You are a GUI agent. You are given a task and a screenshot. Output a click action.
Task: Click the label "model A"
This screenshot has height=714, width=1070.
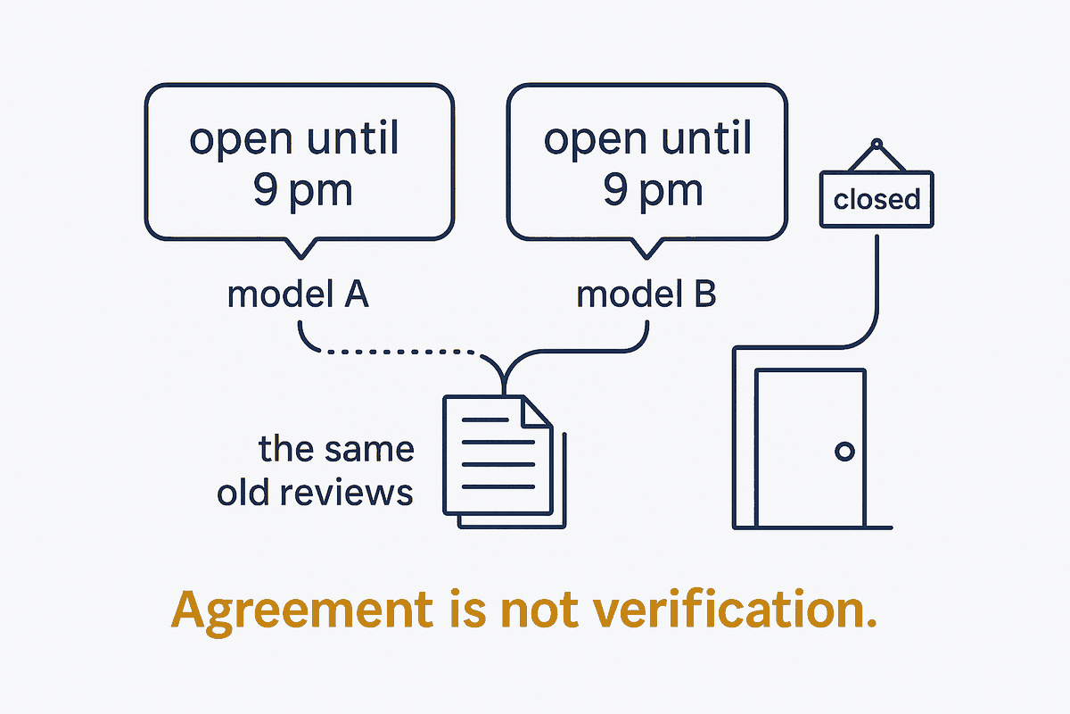(298, 294)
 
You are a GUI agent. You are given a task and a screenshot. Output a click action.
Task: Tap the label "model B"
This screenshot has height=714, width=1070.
(646, 294)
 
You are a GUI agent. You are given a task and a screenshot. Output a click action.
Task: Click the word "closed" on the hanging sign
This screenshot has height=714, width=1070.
(877, 199)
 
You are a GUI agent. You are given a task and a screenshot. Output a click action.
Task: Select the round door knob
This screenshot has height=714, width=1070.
(844, 451)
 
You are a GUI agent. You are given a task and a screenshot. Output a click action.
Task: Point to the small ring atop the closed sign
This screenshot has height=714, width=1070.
(877, 144)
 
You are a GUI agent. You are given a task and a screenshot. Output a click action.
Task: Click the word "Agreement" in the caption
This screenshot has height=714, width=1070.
(302, 610)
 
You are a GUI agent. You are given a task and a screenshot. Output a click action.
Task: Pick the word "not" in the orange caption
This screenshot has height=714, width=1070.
(539, 610)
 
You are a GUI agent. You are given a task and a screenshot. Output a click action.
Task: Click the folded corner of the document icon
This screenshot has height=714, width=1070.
(537, 411)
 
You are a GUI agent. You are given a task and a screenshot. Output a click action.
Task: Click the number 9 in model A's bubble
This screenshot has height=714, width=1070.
(266, 189)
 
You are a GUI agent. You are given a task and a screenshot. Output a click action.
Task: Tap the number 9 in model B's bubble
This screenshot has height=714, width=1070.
(616, 189)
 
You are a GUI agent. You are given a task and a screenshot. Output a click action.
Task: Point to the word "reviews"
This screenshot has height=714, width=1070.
(346, 493)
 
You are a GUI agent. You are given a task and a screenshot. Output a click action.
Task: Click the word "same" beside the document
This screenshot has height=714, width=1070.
(369, 450)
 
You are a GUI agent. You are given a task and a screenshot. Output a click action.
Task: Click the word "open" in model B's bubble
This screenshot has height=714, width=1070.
(596, 140)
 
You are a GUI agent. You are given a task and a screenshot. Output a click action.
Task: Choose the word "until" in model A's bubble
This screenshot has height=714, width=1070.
(352, 137)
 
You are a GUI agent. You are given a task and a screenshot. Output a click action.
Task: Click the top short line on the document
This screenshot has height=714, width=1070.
(485, 419)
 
